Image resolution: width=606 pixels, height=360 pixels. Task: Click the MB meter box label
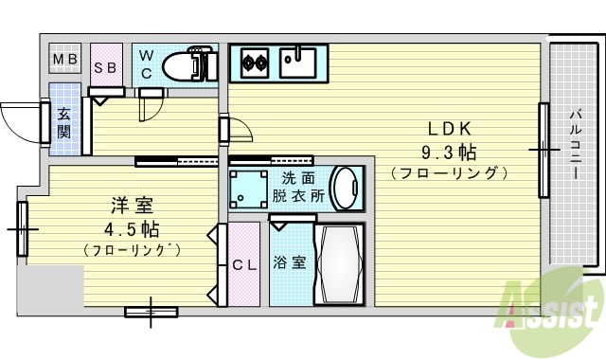(x=65, y=62)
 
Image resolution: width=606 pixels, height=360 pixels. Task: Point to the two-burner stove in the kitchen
(x=254, y=64)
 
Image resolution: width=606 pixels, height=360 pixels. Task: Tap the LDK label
(x=449, y=129)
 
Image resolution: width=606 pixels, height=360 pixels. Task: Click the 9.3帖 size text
(x=449, y=152)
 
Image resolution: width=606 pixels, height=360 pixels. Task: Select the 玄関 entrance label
(x=64, y=122)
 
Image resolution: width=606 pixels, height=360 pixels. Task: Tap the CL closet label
(x=244, y=264)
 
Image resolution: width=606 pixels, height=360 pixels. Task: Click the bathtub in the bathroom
(x=338, y=262)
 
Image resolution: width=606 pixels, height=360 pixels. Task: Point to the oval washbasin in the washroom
(x=347, y=188)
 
